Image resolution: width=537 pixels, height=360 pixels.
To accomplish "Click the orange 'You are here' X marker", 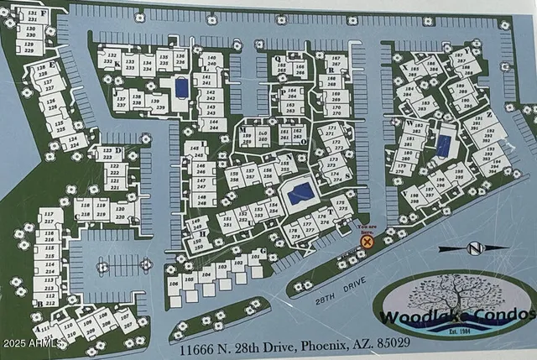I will [367, 242].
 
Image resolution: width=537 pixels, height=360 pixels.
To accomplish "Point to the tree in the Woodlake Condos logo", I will [450, 300].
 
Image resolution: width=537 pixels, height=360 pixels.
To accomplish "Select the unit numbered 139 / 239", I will [157, 102].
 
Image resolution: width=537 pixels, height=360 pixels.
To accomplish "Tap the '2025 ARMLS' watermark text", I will [32, 343].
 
